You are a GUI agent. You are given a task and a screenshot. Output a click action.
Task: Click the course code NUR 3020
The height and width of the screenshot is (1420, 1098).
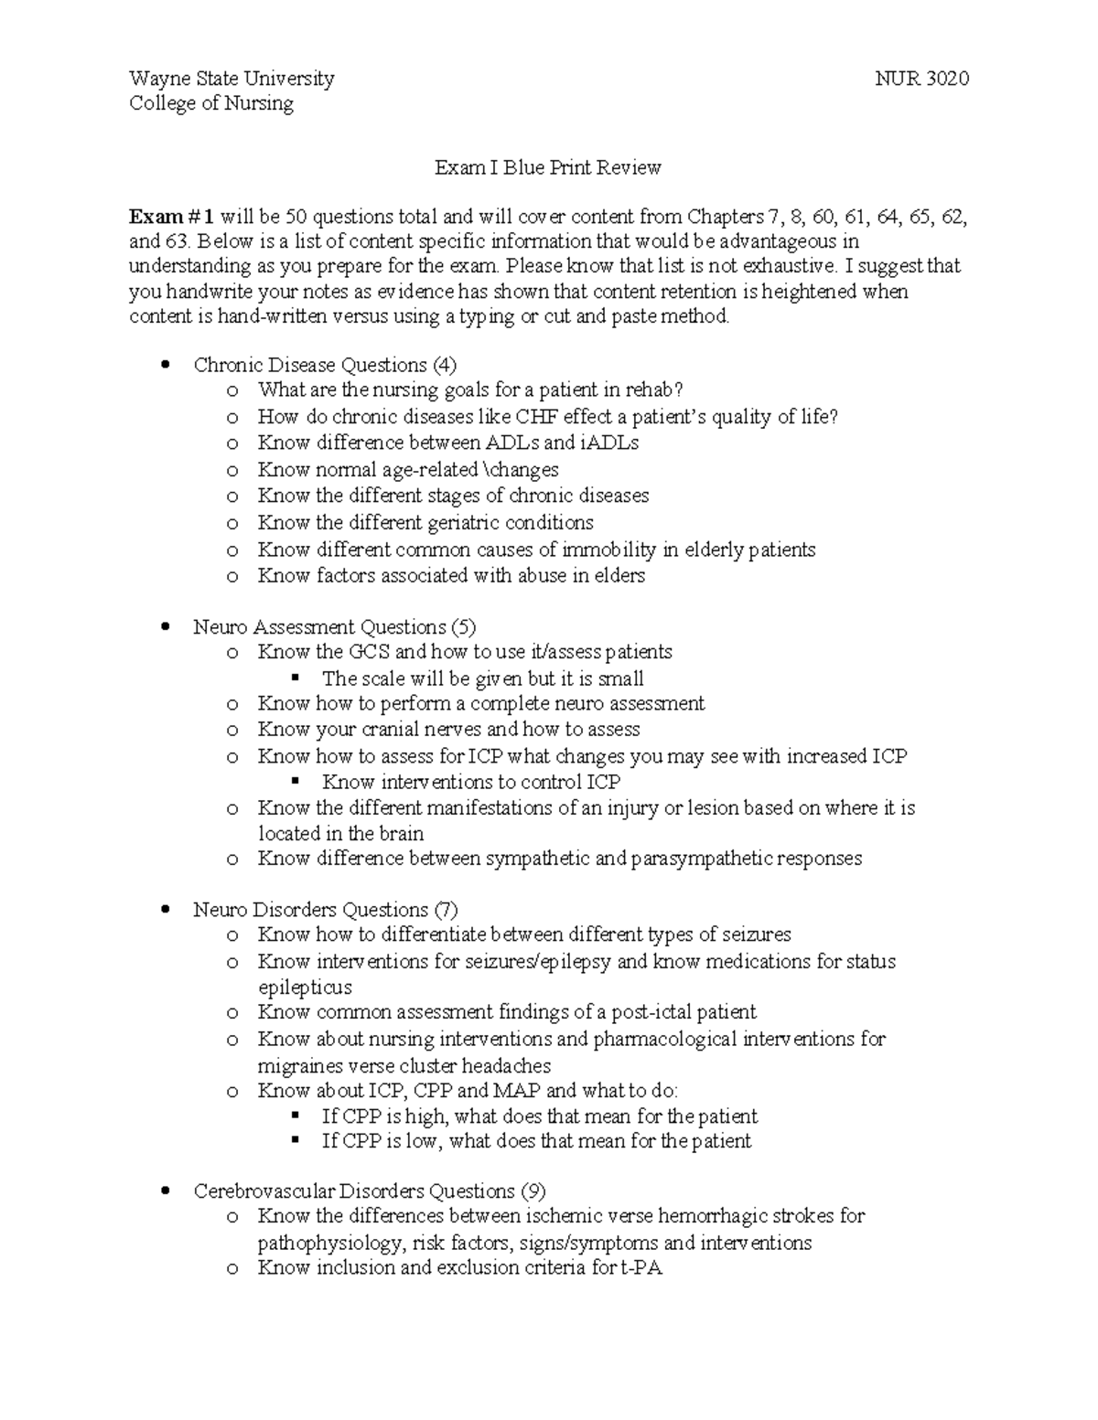click(921, 79)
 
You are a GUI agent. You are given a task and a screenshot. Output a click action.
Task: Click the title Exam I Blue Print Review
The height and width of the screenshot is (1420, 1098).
click(547, 167)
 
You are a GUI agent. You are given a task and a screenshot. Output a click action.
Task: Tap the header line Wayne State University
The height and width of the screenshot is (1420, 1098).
click(231, 79)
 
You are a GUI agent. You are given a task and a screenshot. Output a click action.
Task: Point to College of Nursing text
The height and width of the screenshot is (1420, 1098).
click(211, 103)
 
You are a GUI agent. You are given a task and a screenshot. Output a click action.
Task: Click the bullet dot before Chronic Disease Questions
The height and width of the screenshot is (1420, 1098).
click(166, 366)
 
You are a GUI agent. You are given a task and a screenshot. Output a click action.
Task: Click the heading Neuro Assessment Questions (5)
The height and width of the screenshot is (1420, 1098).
click(335, 627)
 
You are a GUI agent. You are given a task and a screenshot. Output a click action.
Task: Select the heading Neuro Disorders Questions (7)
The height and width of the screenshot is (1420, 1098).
click(326, 910)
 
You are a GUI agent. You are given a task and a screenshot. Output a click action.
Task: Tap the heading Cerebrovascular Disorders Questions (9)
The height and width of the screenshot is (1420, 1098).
click(370, 1191)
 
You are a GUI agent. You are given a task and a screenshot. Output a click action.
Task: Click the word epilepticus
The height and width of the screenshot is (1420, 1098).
click(305, 988)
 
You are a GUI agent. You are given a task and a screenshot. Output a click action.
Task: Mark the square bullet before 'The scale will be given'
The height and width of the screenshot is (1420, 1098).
click(295, 678)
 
